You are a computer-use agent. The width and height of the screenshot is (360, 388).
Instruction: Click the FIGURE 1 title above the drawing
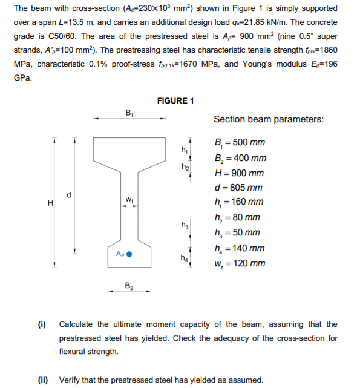coord(175,100)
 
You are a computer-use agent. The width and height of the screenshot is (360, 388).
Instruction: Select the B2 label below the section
coord(129,285)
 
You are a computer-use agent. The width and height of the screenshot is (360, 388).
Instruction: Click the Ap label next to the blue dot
coord(117,255)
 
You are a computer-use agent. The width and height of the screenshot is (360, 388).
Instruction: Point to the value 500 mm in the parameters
coord(249,143)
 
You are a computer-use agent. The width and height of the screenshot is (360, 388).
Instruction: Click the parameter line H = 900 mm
coord(240,173)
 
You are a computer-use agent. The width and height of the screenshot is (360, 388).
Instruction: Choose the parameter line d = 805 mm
coord(239,188)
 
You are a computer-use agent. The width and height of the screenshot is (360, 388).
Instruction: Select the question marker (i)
coord(43,325)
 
